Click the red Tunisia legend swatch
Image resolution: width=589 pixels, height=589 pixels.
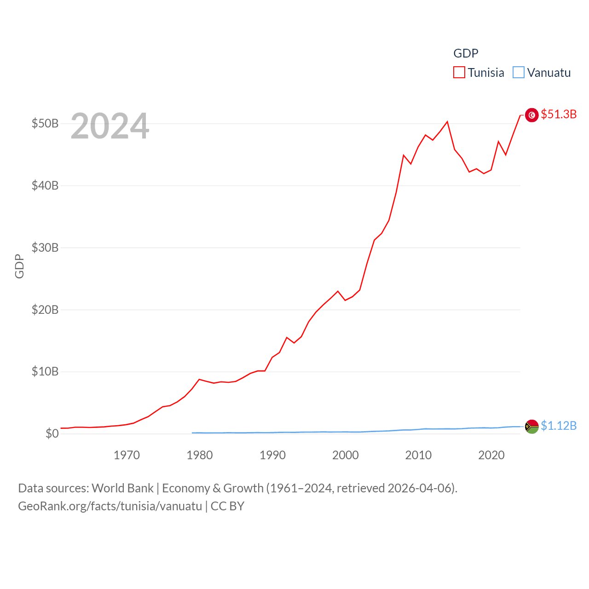(459, 73)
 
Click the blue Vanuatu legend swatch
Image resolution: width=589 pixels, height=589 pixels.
(519, 73)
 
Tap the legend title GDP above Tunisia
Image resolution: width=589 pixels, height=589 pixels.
(466, 53)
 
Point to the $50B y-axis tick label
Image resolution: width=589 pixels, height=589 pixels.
(45, 123)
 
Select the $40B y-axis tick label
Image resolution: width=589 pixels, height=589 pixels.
(45, 185)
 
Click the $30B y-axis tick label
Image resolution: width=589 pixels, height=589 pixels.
(45, 248)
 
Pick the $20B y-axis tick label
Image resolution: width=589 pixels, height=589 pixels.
(45, 310)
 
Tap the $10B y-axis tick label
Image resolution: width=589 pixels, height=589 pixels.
(45, 371)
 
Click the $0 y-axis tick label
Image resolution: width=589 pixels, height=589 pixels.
(52, 433)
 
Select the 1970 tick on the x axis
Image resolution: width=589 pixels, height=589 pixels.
(127, 455)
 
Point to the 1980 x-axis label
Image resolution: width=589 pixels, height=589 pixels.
(200, 455)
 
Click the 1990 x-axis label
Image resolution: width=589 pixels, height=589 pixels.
(272, 455)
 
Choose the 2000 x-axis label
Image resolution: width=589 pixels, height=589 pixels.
(346, 455)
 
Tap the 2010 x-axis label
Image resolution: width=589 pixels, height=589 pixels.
(418, 455)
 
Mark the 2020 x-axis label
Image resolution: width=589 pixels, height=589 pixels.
(491, 455)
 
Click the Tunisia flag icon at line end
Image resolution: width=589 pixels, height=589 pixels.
(532, 115)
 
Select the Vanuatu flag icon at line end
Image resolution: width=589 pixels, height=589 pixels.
(532, 427)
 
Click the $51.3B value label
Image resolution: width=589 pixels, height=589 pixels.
(559, 114)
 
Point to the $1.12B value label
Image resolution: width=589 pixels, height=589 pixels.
(559, 426)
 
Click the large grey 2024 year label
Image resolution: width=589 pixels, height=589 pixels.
(110, 126)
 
